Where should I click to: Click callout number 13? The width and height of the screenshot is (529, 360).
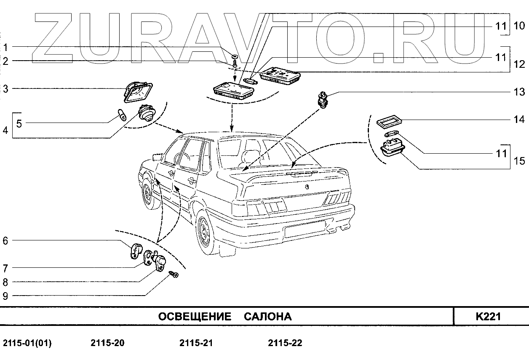pos(519,92)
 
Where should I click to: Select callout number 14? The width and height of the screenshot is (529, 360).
pos(519,120)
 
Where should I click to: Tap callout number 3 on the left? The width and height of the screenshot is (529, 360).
pos(5,89)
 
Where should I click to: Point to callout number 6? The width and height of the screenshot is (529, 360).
pos(5,241)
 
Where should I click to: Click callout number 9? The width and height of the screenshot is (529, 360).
pos(5,296)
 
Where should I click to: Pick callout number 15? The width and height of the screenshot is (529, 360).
pos(519,161)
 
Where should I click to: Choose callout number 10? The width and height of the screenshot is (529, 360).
pos(519,26)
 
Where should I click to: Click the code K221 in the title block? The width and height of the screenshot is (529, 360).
pos(488,317)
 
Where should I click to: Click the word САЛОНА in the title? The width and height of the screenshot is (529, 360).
pos(268,317)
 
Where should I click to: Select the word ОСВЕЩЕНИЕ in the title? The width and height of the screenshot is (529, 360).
pos(195,317)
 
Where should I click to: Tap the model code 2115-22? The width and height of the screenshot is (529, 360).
pos(285,343)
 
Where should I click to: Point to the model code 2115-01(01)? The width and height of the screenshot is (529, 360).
pos(27,343)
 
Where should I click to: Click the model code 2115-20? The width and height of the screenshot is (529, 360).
pos(107,343)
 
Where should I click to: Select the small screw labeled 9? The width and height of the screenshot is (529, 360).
pos(174,275)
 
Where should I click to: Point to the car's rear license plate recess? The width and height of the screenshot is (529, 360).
pos(305,230)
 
